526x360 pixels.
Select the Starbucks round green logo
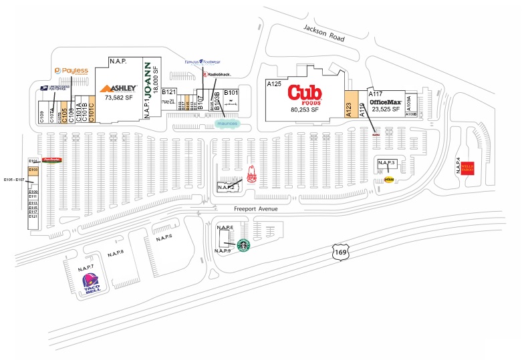pos(245,246)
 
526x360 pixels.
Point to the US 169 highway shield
pos(340,252)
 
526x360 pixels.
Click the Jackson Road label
pos(323,33)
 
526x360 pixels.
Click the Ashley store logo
pos(118,88)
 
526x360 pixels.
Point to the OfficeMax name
pos(385,101)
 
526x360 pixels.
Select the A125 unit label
pos(274,85)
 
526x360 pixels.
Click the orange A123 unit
pos(350,106)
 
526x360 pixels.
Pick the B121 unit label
pos(168,92)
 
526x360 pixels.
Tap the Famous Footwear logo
pos(202,63)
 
